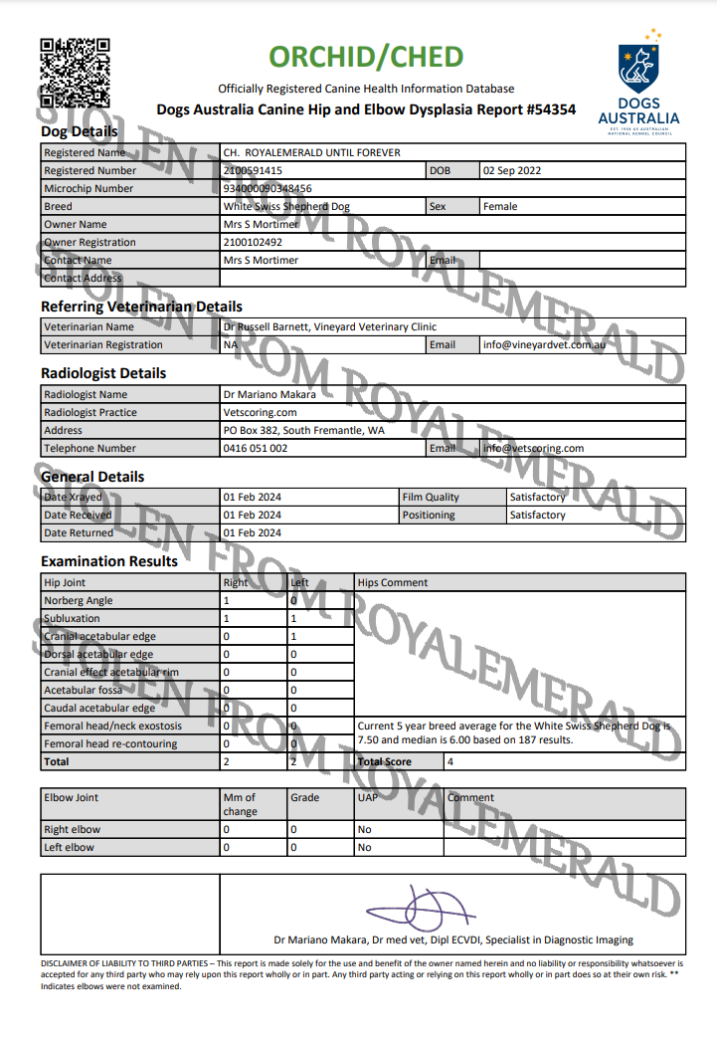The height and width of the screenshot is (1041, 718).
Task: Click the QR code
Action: point(74,73)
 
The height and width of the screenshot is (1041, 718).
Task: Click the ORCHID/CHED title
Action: point(366,56)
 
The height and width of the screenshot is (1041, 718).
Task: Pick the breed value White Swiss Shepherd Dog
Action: point(286,207)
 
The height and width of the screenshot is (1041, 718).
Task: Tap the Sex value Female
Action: point(500,207)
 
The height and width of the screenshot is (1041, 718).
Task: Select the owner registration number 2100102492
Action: point(253,243)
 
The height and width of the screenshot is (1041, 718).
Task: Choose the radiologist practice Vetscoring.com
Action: point(261,413)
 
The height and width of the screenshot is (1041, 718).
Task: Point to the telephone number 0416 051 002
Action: point(256,449)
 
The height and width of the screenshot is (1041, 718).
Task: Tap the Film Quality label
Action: point(431,498)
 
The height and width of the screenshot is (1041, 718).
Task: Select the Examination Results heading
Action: point(109,561)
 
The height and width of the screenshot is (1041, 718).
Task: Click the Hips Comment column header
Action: point(393,583)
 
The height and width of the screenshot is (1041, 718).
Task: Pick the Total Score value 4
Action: point(450,762)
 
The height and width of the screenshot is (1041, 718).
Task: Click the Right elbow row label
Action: point(73,830)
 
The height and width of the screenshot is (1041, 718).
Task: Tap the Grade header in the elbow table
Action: point(304,798)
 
